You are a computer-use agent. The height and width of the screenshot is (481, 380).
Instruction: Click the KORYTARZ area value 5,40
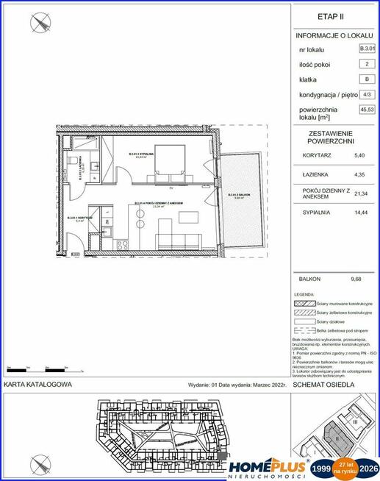click(x=359, y=156)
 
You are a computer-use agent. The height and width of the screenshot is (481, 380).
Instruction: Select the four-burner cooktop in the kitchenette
click(x=120, y=244)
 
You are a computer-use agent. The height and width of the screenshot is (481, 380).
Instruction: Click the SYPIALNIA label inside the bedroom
click(x=140, y=154)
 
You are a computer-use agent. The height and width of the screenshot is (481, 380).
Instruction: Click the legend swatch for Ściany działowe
click(x=301, y=321)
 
